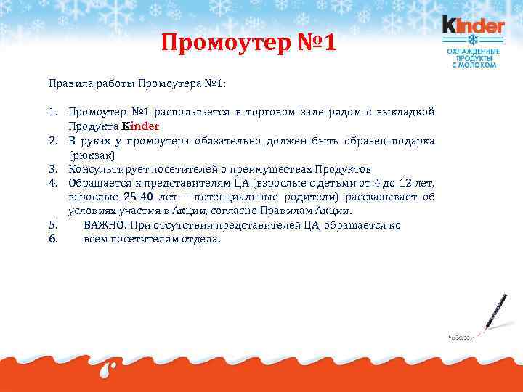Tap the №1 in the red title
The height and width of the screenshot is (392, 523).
coord(316,45)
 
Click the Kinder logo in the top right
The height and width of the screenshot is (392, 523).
coord(473,26)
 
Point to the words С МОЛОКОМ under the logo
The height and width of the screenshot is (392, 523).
coord(474,65)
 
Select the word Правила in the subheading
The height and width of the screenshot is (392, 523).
coord(68,83)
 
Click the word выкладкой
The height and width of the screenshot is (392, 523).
coord(408,112)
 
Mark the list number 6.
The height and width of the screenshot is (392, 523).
coord(54,239)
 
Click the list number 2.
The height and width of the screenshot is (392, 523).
coord(54,141)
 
